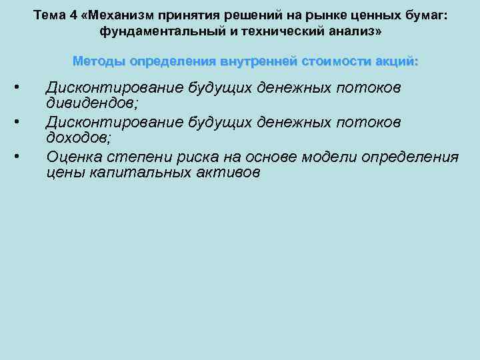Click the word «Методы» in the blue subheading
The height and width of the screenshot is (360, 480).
pos(99,62)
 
